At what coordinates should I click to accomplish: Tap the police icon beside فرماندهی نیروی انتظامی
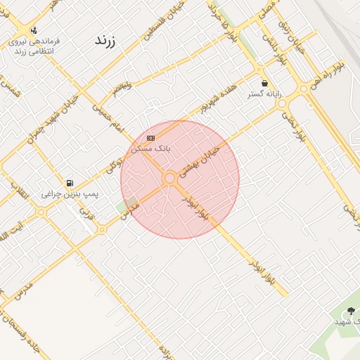tap(34, 30)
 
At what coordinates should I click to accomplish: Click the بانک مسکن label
tap(151, 148)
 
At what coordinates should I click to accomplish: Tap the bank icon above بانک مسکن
tap(151, 138)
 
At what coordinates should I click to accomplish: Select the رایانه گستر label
tap(264, 94)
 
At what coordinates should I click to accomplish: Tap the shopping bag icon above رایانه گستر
tap(264, 83)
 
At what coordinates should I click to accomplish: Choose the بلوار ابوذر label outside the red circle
tap(261, 271)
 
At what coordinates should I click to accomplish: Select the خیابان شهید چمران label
tap(40, 129)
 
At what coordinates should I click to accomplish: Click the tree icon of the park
tap(349, 311)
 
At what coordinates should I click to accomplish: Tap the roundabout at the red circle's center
tap(169, 179)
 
